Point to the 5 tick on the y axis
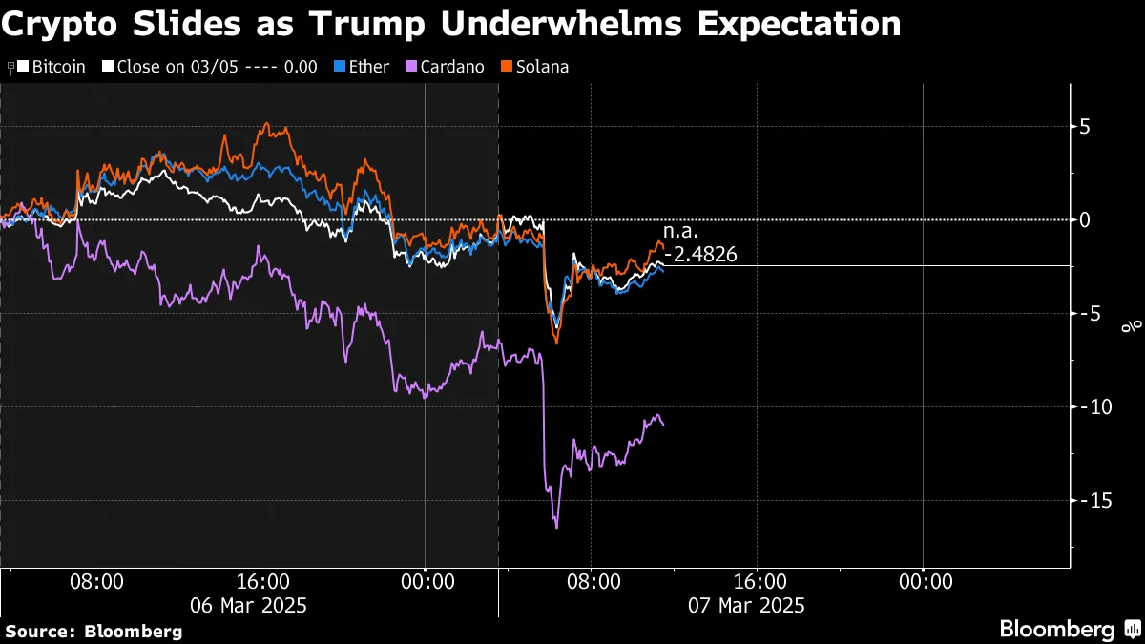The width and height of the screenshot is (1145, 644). coord(1085,127)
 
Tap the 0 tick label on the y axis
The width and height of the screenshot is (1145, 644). coord(1085,220)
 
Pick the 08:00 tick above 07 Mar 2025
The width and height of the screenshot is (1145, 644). coord(592,580)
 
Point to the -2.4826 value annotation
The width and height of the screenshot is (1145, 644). coord(703,255)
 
